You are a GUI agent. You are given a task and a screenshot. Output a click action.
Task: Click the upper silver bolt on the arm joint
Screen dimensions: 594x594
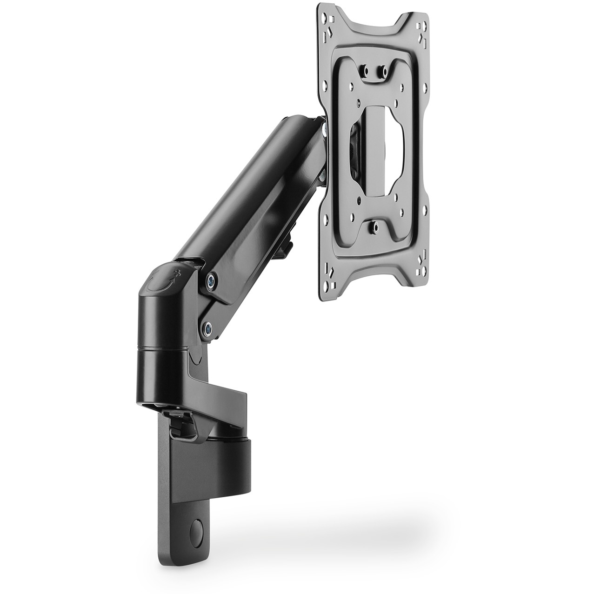coord(212,280)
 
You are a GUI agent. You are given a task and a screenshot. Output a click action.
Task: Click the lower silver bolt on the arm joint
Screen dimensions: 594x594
coord(207,328)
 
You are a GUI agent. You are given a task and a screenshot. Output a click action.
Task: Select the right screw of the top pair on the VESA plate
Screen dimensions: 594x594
coord(383,71)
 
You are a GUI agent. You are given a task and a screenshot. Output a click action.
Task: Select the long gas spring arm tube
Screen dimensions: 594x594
coord(251,195)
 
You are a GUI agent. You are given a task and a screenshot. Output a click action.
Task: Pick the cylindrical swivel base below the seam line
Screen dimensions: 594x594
coord(163,372)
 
